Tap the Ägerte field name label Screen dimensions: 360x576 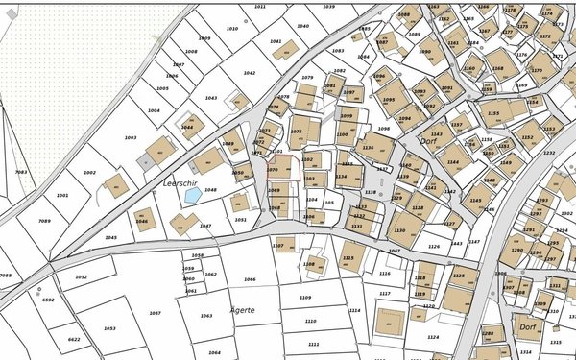tap(243, 311)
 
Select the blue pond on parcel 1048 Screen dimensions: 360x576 tap(193, 195)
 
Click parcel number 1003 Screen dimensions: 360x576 tap(131, 138)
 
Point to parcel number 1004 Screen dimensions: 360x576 tap(154, 110)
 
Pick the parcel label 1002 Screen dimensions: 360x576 tap(89, 173)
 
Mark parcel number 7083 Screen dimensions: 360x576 tap(21, 173)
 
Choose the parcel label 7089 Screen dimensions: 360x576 tap(44, 221)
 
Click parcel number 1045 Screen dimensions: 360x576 tap(111, 237)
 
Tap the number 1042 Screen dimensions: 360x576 tap(250, 73)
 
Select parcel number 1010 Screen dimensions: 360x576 tap(231, 29)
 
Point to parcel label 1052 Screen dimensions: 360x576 tap(82, 276)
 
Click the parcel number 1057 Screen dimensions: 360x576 tap(156, 313)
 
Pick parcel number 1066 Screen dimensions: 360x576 tap(250, 280)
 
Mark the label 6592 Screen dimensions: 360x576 tap(48, 300)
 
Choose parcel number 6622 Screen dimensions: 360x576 tap(74, 340)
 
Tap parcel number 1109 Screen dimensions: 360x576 tap(305, 298)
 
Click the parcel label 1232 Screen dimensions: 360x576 tap(549, 152)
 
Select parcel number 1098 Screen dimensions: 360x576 tap(384, 128)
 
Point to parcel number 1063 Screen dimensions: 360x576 tap(206, 315)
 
